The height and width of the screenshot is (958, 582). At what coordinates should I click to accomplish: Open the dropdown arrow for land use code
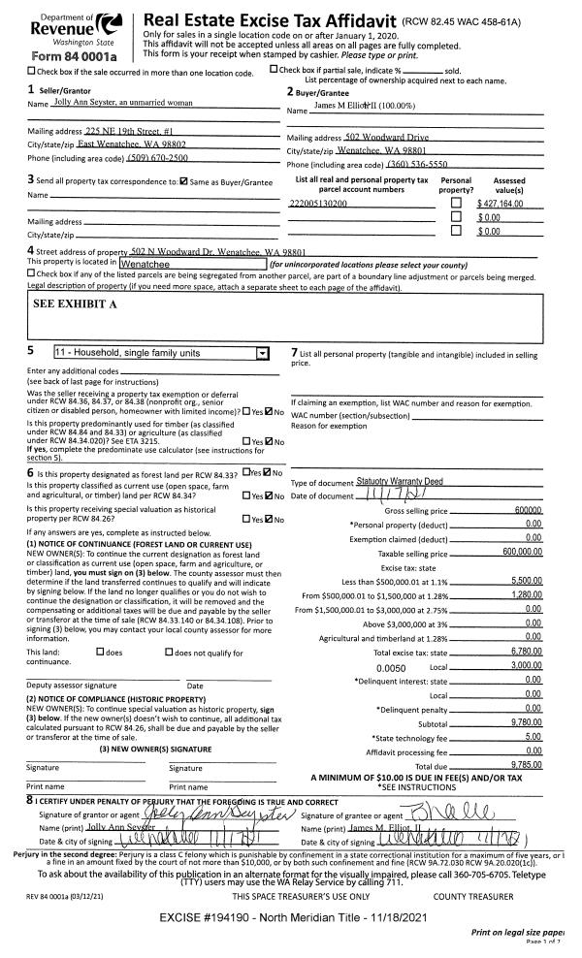coord(260,355)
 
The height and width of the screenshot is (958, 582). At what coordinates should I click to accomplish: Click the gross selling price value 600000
coord(527,510)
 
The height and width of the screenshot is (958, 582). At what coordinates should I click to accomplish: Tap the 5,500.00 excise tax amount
coord(526,579)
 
